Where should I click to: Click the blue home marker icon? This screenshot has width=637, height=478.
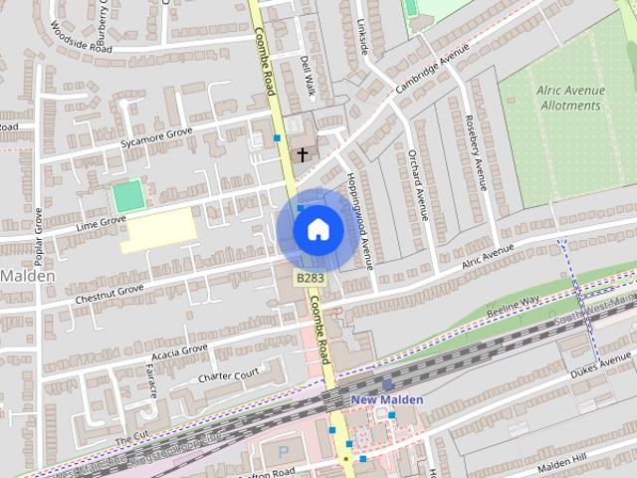[x=318, y=229]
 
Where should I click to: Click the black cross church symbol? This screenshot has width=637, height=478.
[x=303, y=154]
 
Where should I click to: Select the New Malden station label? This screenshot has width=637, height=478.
[x=387, y=399]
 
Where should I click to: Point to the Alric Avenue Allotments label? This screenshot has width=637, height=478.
[x=570, y=97]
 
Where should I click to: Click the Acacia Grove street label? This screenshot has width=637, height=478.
[x=179, y=351]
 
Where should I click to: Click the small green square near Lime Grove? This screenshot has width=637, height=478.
[x=126, y=195]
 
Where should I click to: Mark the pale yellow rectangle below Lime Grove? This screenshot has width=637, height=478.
[x=159, y=230]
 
